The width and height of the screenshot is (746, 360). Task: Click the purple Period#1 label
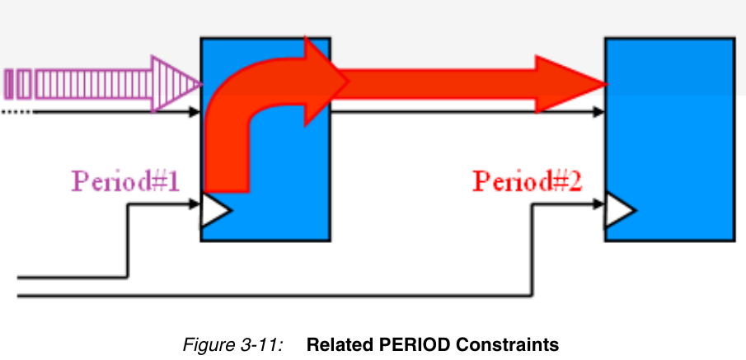click(x=125, y=181)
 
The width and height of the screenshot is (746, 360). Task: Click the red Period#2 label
click(x=528, y=181)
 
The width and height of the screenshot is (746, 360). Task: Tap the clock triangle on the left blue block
click(x=215, y=210)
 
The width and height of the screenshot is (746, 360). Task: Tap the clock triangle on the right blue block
click(x=619, y=210)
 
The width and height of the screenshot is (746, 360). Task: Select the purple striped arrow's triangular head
click(x=173, y=84)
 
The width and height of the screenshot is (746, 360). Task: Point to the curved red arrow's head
click(x=325, y=82)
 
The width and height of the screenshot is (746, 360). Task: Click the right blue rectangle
click(x=670, y=139)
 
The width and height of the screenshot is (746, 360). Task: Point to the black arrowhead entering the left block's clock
click(x=195, y=204)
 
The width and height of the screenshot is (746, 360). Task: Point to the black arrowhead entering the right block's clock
click(x=598, y=204)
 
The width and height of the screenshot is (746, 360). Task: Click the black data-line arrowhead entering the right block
click(x=598, y=112)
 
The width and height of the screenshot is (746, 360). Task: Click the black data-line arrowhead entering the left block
click(x=195, y=112)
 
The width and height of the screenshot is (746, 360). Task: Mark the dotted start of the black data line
click(x=17, y=113)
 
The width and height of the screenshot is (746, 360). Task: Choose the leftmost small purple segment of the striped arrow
click(x=8, y=84)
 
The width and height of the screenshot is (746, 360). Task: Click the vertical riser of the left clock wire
click(x=128, y=241)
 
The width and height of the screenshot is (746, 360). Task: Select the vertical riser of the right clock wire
click(x=532, y=250)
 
